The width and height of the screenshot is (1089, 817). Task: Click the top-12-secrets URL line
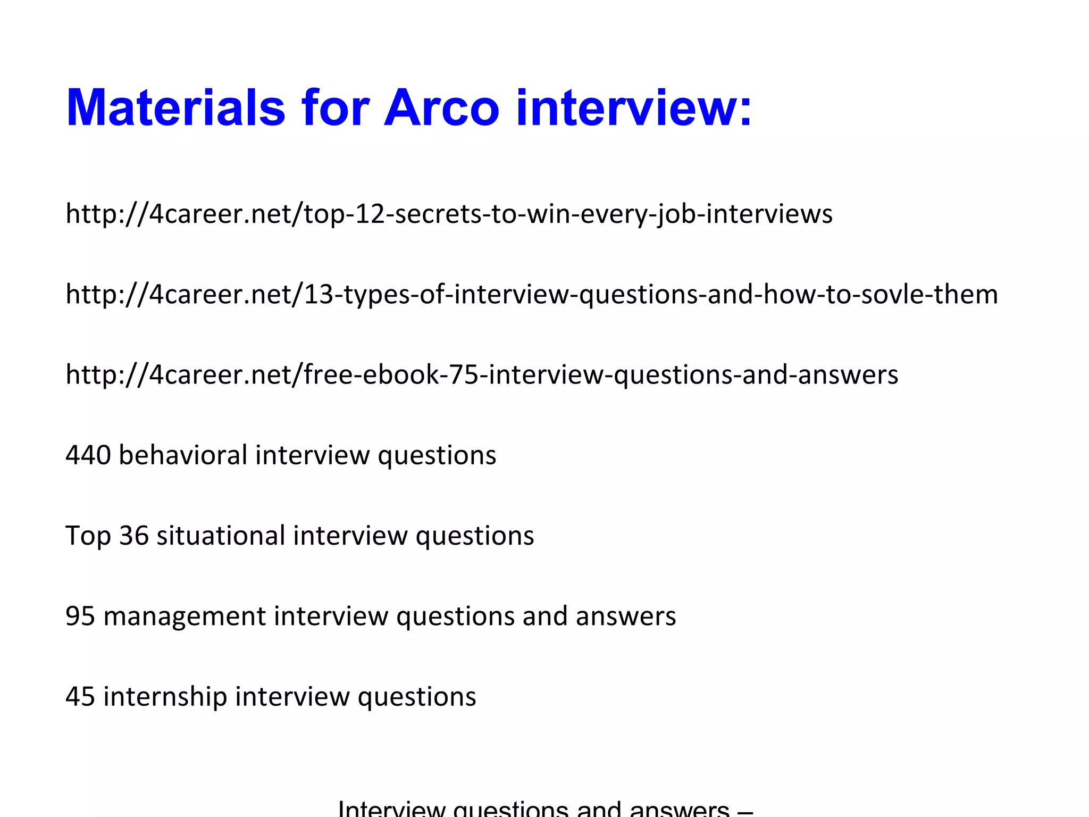click(x=449, y=214)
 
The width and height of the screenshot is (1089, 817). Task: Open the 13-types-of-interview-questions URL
click(x=532, y=294)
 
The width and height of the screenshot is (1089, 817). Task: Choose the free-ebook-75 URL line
click(x=482, y=374)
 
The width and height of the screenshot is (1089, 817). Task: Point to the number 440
click(x=88, y=455)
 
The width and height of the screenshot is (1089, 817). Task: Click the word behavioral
click(x=183, y=455)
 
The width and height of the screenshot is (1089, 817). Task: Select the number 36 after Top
click(x=133, y=536)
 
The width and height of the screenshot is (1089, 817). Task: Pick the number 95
click(x=80, y=616)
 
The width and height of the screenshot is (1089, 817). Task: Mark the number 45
click(x=80, y=696)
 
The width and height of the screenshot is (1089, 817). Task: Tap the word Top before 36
click(x=88, y=536)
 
